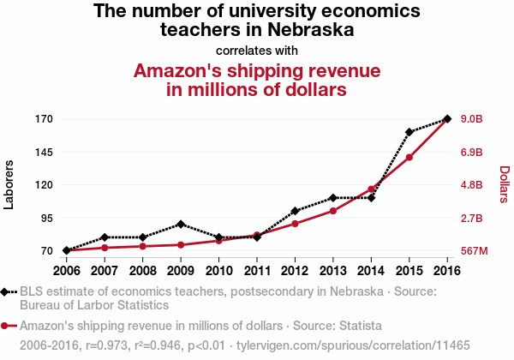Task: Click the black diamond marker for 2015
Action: click(x=409, y=132)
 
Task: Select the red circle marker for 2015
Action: click(x=409, y=157)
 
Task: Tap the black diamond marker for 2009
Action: click(x=181, y=225)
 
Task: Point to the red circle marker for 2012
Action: click(x=295, y=224)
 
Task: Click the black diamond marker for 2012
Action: click(x=295, y=211)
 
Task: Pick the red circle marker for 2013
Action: click(x=333, y=211)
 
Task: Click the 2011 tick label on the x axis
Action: click(x=257, y=271)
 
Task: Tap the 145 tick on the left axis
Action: click(x=44, y=152)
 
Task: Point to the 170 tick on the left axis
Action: click(x=44, y=118)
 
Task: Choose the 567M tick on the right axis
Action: click(x=474, y=251)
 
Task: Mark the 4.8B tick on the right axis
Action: click(x=472, y=185)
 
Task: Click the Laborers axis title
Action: click(x=9, y=184)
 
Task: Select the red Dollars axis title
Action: click(x=504, y=184)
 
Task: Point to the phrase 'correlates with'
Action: click(x=257, y=50)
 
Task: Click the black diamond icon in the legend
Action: click(x=6, y=291)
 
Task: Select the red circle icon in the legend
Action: click(x=6, y=326)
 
